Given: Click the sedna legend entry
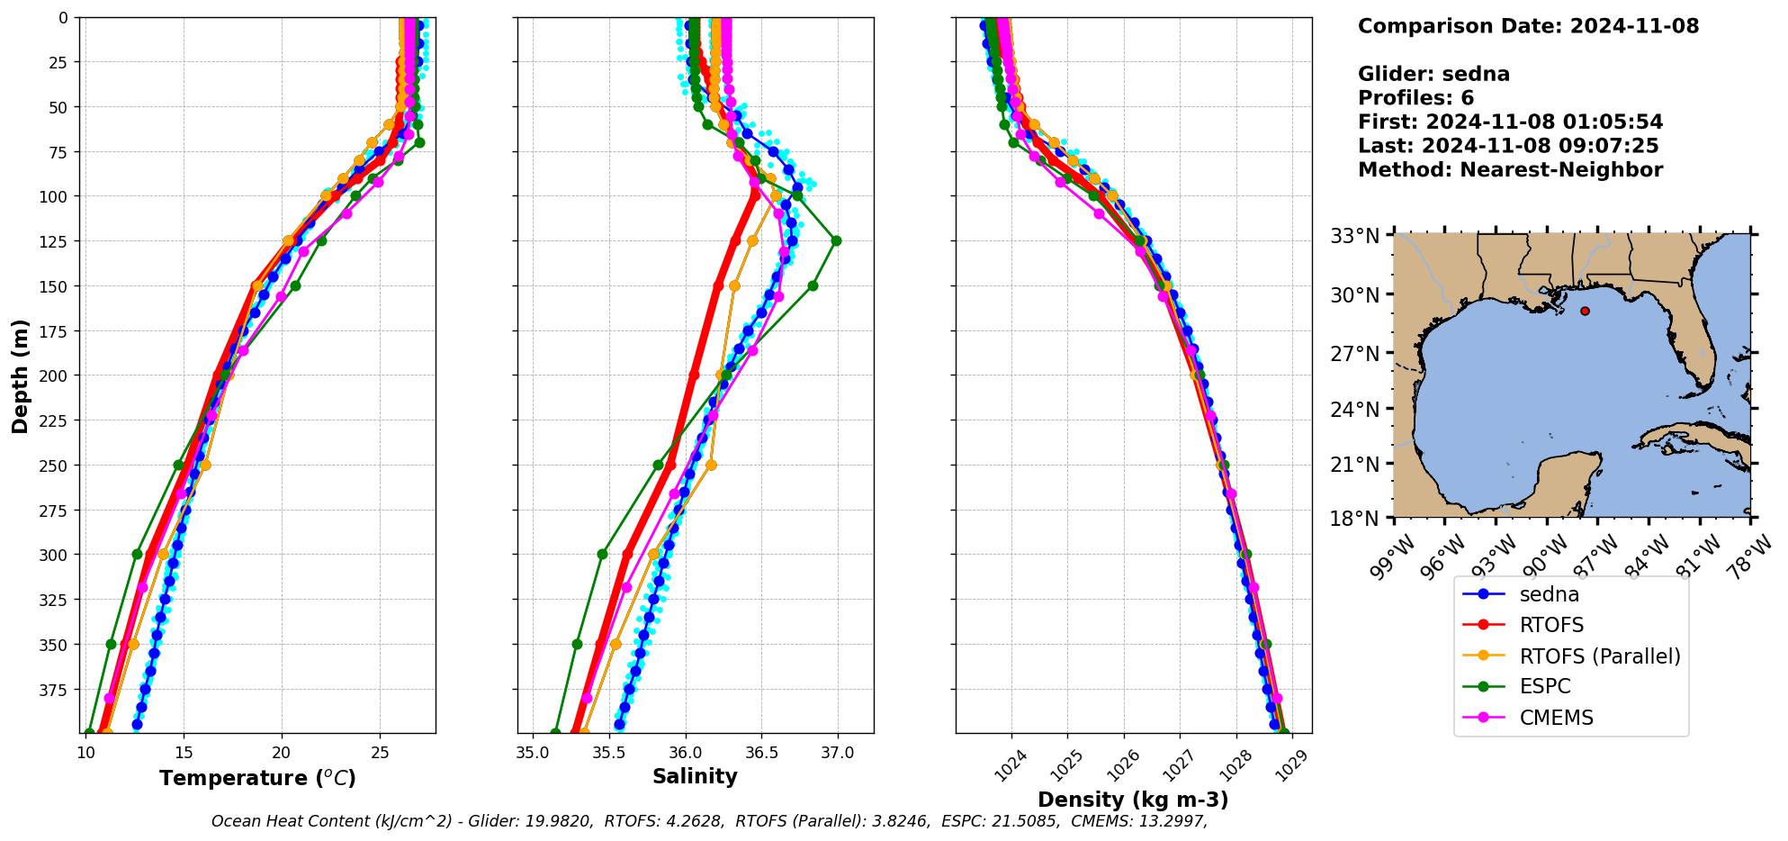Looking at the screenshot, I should click(x=1549, y=595).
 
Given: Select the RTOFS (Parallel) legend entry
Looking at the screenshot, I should click(x=1599, y=656).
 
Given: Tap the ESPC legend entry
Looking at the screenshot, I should click(x=1544, y=687).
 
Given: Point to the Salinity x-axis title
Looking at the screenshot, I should click(x=695, y=777).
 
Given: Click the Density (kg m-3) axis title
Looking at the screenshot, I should click(x=1132, y=800).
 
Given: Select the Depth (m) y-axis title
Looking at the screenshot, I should click(x=20, y=375).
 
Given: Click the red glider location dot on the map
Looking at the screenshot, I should click(x=1585, y=312).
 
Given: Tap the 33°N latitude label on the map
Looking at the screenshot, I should click(x=1355, y=237).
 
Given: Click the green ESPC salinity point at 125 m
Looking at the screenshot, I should click(x=836, y=240).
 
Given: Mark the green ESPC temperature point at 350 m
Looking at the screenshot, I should click(x=112, y=644).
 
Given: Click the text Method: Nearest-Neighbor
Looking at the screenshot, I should click(x=1510, y=170).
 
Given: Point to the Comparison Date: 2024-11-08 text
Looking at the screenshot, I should click(x=1528, y=26).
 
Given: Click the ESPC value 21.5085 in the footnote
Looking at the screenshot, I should click(x=1022, y=821).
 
